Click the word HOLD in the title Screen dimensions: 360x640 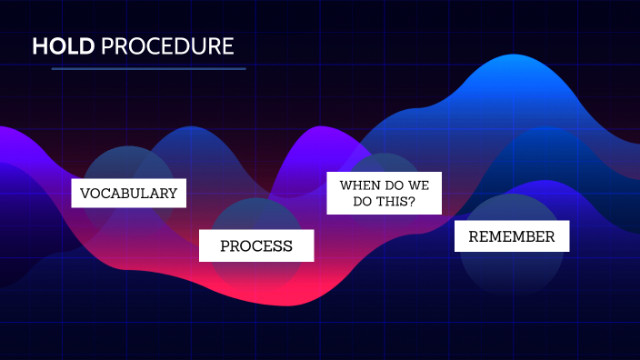click(x=64, y=46)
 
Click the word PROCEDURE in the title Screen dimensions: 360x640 click(x=167, y=46)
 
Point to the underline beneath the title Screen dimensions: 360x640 click(x=148, y=68)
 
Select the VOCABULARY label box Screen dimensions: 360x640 click(x=128, y=194)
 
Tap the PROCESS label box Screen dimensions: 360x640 click(x=256, y=245)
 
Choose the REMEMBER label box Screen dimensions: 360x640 click(x=511, y=236)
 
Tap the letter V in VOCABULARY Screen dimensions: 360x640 click(x=85, y=194)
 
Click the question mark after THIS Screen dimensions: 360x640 click(x=412, y=202)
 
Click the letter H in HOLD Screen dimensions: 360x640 click(x=39, y=46)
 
